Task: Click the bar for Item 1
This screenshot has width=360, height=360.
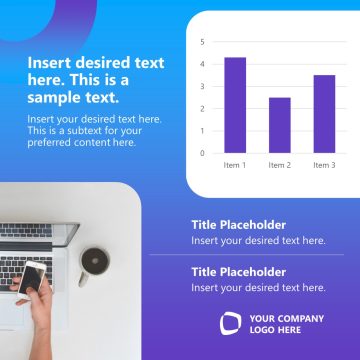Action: [235, 105]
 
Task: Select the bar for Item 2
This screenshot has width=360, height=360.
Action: [280, 125]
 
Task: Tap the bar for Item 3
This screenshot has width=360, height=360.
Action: [324, 114]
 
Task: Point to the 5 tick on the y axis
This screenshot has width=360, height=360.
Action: [202, 42]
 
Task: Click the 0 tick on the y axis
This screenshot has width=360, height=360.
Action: [202, 153]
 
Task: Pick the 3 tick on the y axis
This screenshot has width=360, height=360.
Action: [202, 87]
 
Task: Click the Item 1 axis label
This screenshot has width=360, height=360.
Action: [235, 164]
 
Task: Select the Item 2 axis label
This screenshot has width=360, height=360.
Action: [280, 164]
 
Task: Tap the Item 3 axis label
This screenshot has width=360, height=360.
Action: [324, 164]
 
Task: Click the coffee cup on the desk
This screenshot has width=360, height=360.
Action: [95, 261]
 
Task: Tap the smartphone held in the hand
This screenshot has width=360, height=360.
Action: [33, 278]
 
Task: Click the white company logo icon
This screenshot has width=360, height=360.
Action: [231, 323]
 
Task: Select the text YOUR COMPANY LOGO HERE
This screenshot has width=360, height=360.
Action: [287, 324]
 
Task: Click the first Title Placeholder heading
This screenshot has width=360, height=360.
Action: [238, 225]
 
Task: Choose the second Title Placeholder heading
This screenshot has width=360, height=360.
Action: [238, 272]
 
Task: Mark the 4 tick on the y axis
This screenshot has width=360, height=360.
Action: [202, 64]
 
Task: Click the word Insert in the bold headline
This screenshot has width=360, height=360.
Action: [49, 62]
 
